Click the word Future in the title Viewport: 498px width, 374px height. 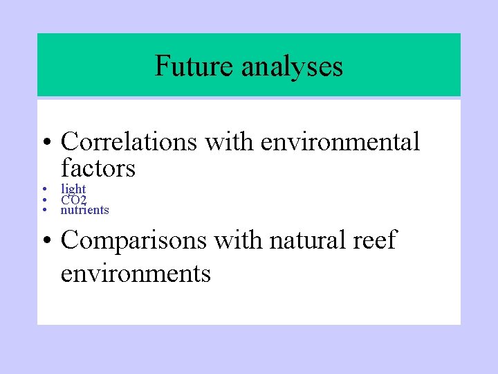tap(195, 66)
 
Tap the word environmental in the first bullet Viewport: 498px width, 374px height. tap(340, 142)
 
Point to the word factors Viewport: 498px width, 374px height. tap(98, 168)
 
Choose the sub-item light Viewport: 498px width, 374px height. tap(73, 189)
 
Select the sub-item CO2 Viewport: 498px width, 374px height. tap(73, 199)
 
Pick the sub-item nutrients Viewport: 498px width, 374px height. tap(85, 210)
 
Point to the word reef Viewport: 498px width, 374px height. tap(375, 240)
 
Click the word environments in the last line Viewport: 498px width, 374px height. tap(136, 274)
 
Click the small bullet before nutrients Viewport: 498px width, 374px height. tap(43, 210)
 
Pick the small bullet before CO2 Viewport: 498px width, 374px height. tap(43, 199)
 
